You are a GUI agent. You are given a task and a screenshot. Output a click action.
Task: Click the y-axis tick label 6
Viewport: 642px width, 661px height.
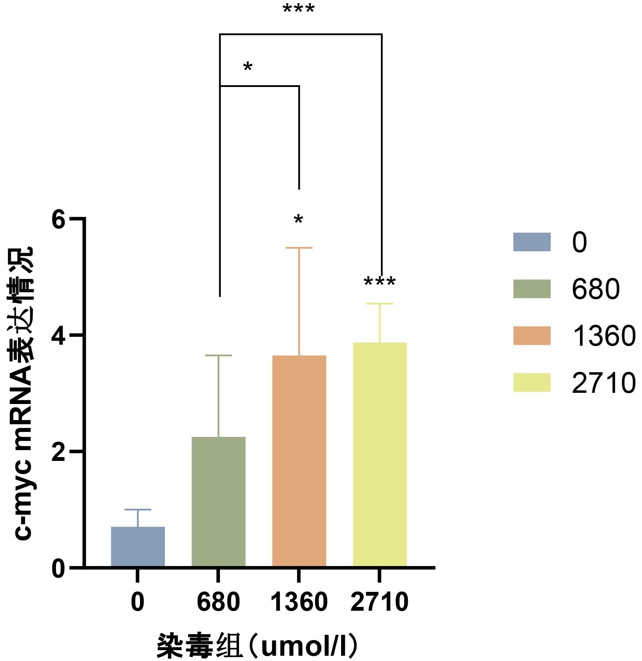[58, 220]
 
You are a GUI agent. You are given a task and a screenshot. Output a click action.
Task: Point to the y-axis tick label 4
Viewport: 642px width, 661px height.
[58, 336]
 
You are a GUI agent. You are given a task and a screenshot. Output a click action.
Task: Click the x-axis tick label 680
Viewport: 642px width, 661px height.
[218, 602]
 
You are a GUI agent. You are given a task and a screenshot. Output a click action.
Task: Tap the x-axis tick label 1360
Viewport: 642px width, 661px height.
[299, 602]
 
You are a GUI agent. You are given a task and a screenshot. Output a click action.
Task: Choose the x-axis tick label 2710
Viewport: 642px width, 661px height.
[380, 602]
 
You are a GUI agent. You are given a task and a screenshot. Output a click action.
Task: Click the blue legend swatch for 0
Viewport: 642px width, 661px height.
[532, 242]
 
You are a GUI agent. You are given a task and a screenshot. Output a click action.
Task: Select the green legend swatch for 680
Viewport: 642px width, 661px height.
[532, 289]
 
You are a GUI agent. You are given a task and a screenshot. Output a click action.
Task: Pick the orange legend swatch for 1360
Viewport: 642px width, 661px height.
[532, 336]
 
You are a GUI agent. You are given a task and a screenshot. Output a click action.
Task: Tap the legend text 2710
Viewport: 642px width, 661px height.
[604, 383]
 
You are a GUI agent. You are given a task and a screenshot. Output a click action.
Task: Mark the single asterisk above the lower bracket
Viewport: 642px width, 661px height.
[248, 67]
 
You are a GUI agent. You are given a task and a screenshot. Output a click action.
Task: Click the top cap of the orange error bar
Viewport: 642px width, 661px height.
[299, 248]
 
